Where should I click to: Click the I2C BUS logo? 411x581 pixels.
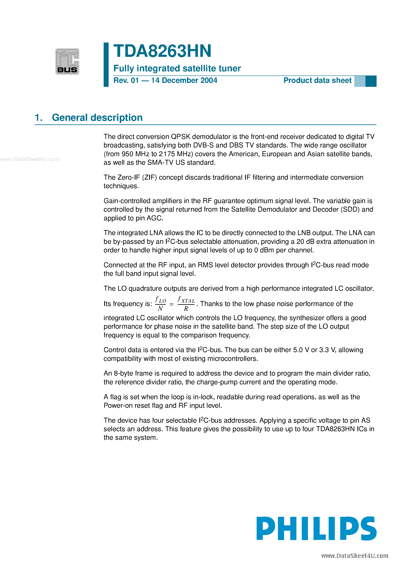pos(67,61)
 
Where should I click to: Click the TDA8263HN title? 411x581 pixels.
pos(162,51)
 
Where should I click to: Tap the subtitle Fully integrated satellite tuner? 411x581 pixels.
pos(177,68)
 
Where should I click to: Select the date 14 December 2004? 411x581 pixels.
pos(184,80)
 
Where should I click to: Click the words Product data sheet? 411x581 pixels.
pos(317,80)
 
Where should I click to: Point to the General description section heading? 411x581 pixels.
pos(97,118)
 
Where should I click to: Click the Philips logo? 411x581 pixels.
pos(316,528)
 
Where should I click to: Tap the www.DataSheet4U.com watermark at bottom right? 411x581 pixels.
pos(355,556)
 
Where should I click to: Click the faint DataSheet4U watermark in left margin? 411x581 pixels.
pos(30,159)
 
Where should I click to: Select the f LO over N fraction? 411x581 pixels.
pos(160,304)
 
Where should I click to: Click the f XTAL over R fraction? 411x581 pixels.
pos(186,304)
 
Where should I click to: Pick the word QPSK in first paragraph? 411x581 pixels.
pos(180,137)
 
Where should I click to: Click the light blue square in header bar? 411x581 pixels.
pos(359,81)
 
